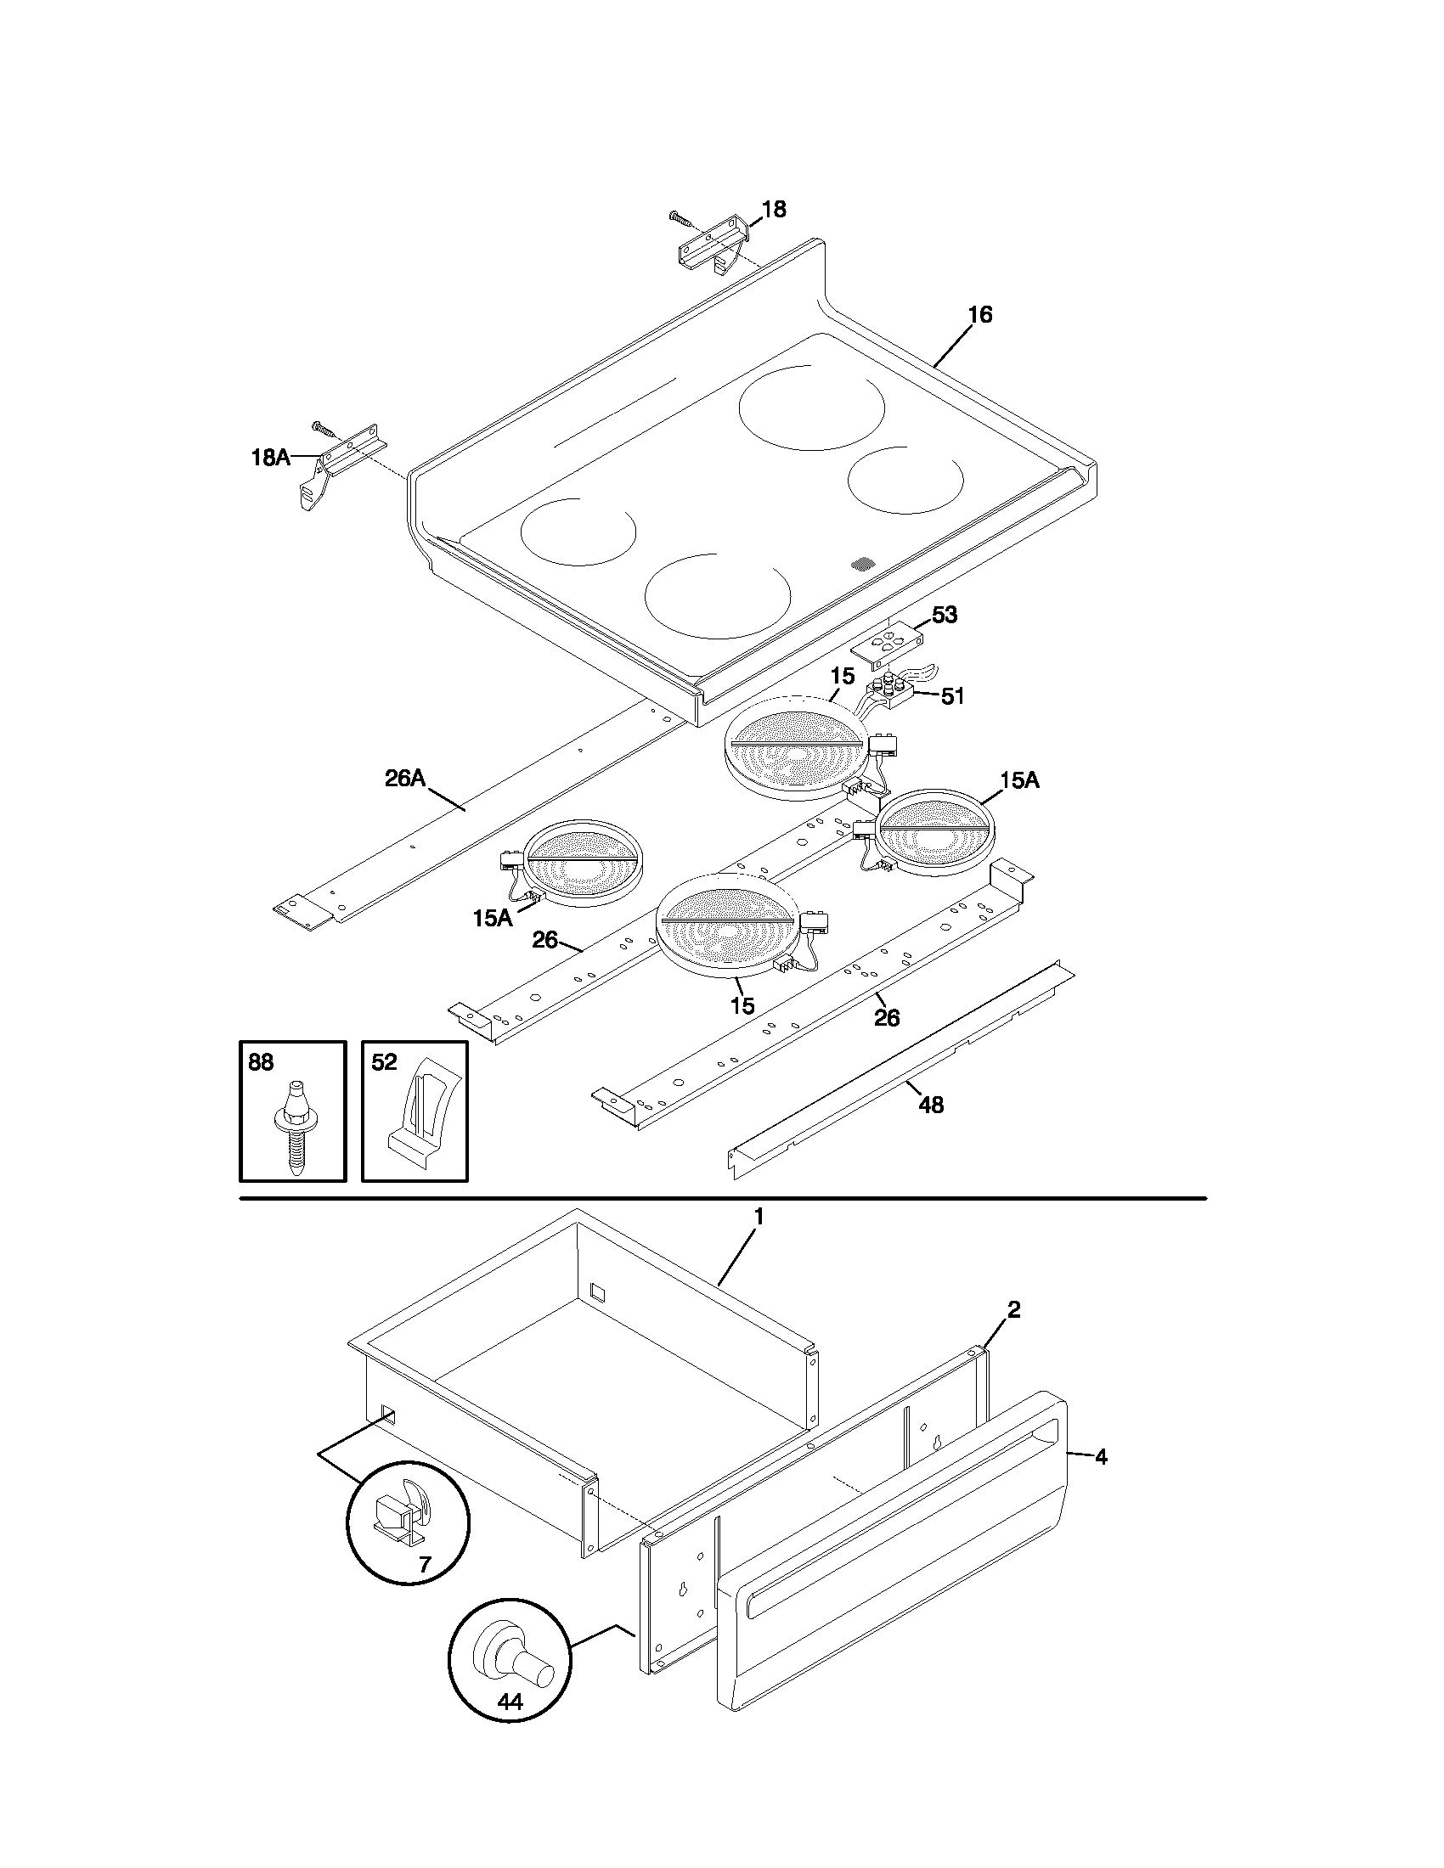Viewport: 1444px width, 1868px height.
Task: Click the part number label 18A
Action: click(269, 458)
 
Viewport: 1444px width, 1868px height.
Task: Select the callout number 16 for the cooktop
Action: click(979, 315)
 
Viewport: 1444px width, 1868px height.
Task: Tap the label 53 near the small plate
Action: click(944, 615)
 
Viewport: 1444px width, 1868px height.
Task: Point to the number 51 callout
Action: click(952, 696)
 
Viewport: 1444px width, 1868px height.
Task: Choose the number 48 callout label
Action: click(931, 1105)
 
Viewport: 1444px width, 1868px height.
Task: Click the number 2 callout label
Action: click(1012, 1309)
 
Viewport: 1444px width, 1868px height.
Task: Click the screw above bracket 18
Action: click(680, 217)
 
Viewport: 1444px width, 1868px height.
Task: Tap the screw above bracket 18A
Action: click(324, 428)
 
